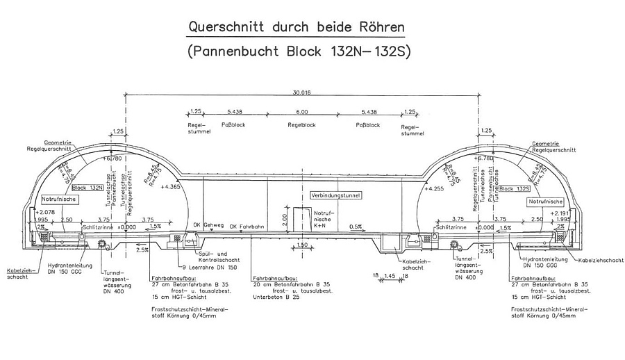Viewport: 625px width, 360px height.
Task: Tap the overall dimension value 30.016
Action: click(x=301, y=92)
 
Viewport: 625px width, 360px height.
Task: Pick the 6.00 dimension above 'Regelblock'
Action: click(x=301, y=112)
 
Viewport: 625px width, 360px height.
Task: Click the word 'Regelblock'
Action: click(x=301, y=126)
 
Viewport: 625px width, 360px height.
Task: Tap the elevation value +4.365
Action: click(x=170, y=187)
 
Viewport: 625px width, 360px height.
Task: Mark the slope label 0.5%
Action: click(x=356, y=226)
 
